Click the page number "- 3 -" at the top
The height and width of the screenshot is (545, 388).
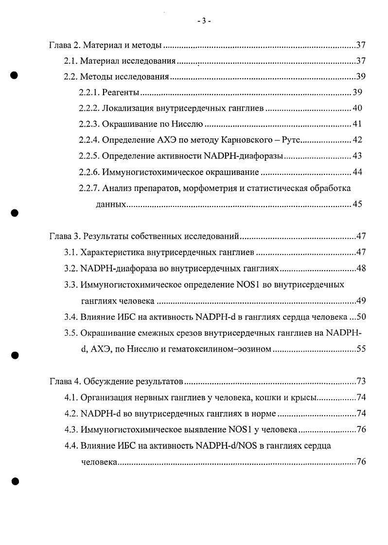[204, 21]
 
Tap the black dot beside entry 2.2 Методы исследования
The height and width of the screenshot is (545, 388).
[14, 75]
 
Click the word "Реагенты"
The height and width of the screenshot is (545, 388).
[121, 93]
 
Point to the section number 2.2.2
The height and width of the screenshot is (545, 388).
[89, 108]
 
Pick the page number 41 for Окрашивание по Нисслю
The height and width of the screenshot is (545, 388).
[357, 124]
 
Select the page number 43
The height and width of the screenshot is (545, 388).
[357, 156]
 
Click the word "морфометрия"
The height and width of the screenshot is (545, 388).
[209, 188]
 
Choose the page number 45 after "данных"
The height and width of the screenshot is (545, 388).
[357, 204]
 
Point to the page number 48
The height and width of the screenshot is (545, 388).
[360, 269]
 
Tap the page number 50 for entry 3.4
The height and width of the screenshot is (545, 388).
[360, 317]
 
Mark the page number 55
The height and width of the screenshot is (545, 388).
[360, 349]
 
